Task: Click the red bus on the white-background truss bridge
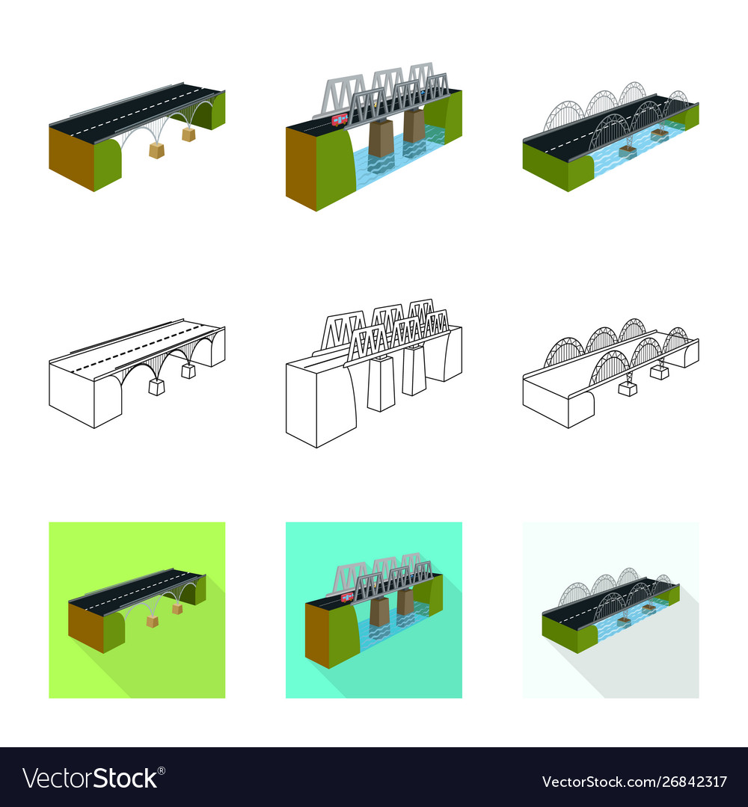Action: pyautogui.click(x=340, y=120)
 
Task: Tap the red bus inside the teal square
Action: pyautogui.click(x=346, y=597)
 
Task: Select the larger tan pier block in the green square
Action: pyautogui.click(x=152, y=621)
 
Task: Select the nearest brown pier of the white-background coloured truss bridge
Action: pyautogui.click(x=381, y=139)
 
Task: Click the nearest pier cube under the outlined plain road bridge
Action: pyautogui.click(x=156, y=386)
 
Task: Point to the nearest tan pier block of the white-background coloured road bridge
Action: pyautogui.click(x=156, y=150)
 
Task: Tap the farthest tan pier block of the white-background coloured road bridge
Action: pyautogui.click(x=188, y=134)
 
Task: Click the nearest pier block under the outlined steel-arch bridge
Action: pyautogui.click(x=628, y=389)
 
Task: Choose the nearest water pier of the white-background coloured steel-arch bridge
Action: pyautogui.click(x=628, y=151)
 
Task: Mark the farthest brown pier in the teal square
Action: pyautogui.click(x=405, y=602)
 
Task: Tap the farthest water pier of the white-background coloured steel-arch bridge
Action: pyautogui.click(x=660, y=134)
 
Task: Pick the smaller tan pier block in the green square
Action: pyautogui.click(x=177, y=609)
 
